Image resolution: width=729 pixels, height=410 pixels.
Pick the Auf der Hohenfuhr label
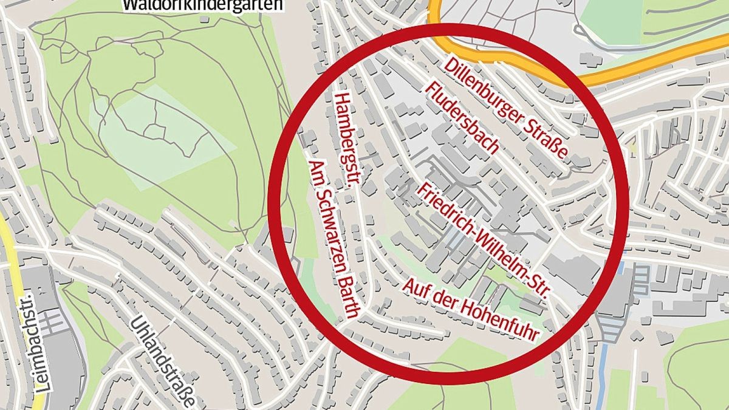(x=471, y=310)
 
